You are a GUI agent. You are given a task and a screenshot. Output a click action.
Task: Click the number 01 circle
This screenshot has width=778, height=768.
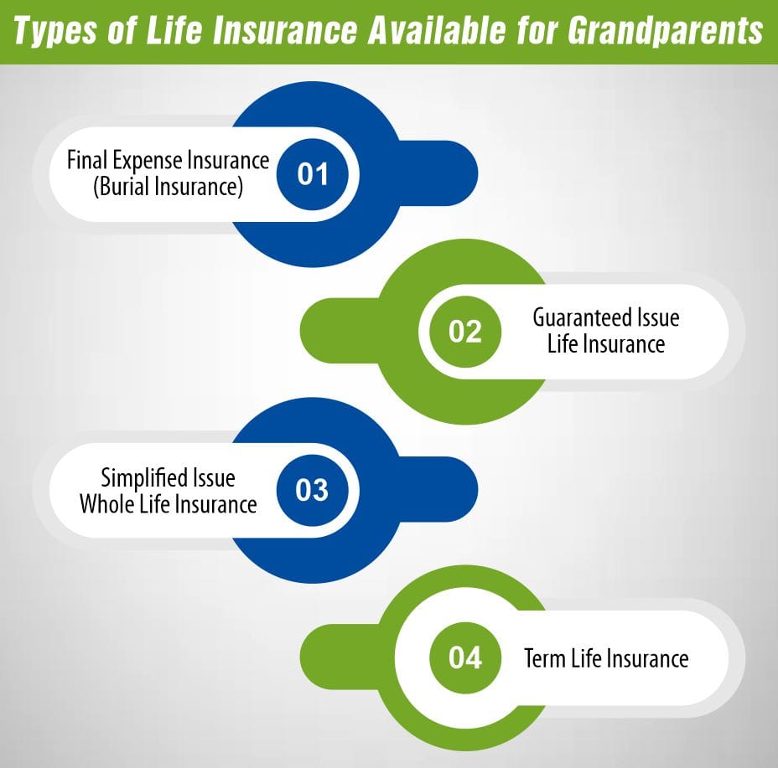coord(312,174)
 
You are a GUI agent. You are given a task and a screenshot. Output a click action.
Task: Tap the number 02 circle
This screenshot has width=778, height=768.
coord(465,332)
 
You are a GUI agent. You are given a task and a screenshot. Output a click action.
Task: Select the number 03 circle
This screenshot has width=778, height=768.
coord(312,490)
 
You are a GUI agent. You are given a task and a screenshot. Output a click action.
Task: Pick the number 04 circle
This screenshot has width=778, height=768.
coord(465,657)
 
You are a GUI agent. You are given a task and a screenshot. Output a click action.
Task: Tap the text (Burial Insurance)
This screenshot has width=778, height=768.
coord(168,187)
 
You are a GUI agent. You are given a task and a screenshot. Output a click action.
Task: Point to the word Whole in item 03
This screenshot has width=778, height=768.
coord(107,504)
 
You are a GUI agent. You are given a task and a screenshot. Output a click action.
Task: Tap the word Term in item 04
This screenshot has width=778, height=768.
coord(544,658)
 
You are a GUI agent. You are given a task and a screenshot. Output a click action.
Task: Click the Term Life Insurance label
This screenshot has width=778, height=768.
coord(606,658)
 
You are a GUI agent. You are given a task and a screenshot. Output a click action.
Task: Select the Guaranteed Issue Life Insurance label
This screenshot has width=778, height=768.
coord(606,332)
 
